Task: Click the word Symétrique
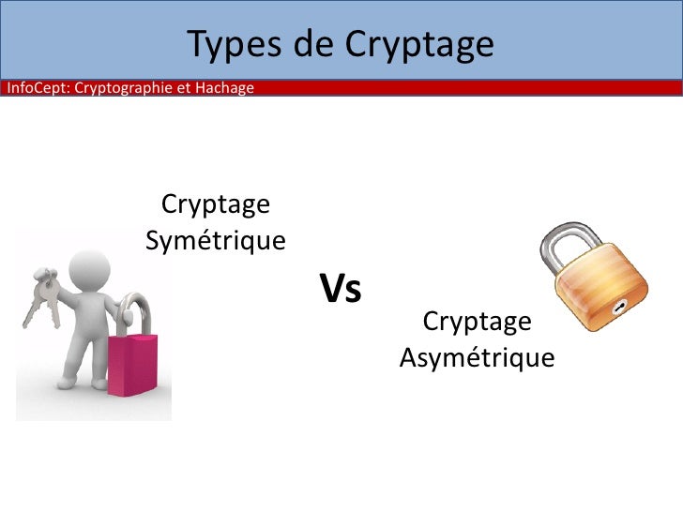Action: (x=216, y=241)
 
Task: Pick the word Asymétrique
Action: (x=477, y=358)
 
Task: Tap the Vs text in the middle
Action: (x=341, y=289)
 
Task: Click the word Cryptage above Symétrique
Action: (x=216, y=203)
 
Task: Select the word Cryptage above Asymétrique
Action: (x=477, y=322)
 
